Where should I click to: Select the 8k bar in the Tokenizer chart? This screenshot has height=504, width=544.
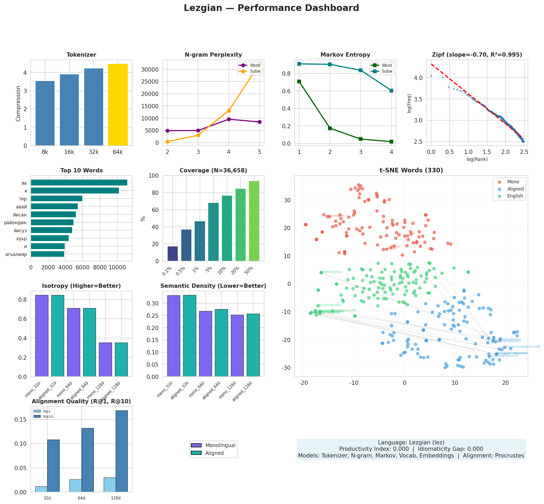[45, 113]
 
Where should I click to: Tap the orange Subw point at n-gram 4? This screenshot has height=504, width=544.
[229, 111]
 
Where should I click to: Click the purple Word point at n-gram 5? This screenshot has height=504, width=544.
[260, 122]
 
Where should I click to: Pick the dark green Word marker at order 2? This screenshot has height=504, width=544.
[330, 128]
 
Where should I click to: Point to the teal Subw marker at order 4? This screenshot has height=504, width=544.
[391, 91]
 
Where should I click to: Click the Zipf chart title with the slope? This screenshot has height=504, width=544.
[477, 55]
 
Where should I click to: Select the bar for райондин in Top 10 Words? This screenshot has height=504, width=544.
[52, 222]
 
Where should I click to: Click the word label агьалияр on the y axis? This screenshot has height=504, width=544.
[16, 254]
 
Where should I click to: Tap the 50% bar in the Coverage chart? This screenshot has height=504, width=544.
[254, 221]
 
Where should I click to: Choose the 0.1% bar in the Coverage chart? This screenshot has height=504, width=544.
[172, 254]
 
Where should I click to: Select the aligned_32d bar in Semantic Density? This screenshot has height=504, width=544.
[189, 336]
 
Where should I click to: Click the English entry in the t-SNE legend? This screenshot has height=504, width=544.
[515, 196]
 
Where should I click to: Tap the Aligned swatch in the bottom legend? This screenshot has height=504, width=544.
[196, 453]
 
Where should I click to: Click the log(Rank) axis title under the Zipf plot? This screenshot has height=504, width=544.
[477, 159]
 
